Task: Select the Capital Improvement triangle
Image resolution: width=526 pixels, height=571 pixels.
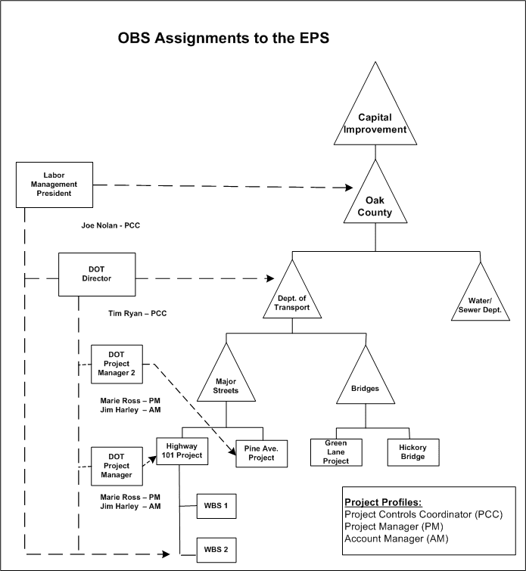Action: click(375, 117)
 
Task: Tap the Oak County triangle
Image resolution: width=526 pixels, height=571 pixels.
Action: click(375, 204)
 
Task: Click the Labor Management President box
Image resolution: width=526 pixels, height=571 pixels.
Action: click(54, 184)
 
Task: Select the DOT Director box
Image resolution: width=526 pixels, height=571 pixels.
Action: click(97, 274)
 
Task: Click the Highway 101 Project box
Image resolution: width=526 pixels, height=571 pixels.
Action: click(180, 451)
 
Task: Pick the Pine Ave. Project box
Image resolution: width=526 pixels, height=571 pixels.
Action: click(262, 453)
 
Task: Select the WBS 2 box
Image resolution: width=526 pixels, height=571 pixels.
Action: click(216, 548)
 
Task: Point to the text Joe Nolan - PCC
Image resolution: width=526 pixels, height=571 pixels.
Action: click(110, 225)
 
